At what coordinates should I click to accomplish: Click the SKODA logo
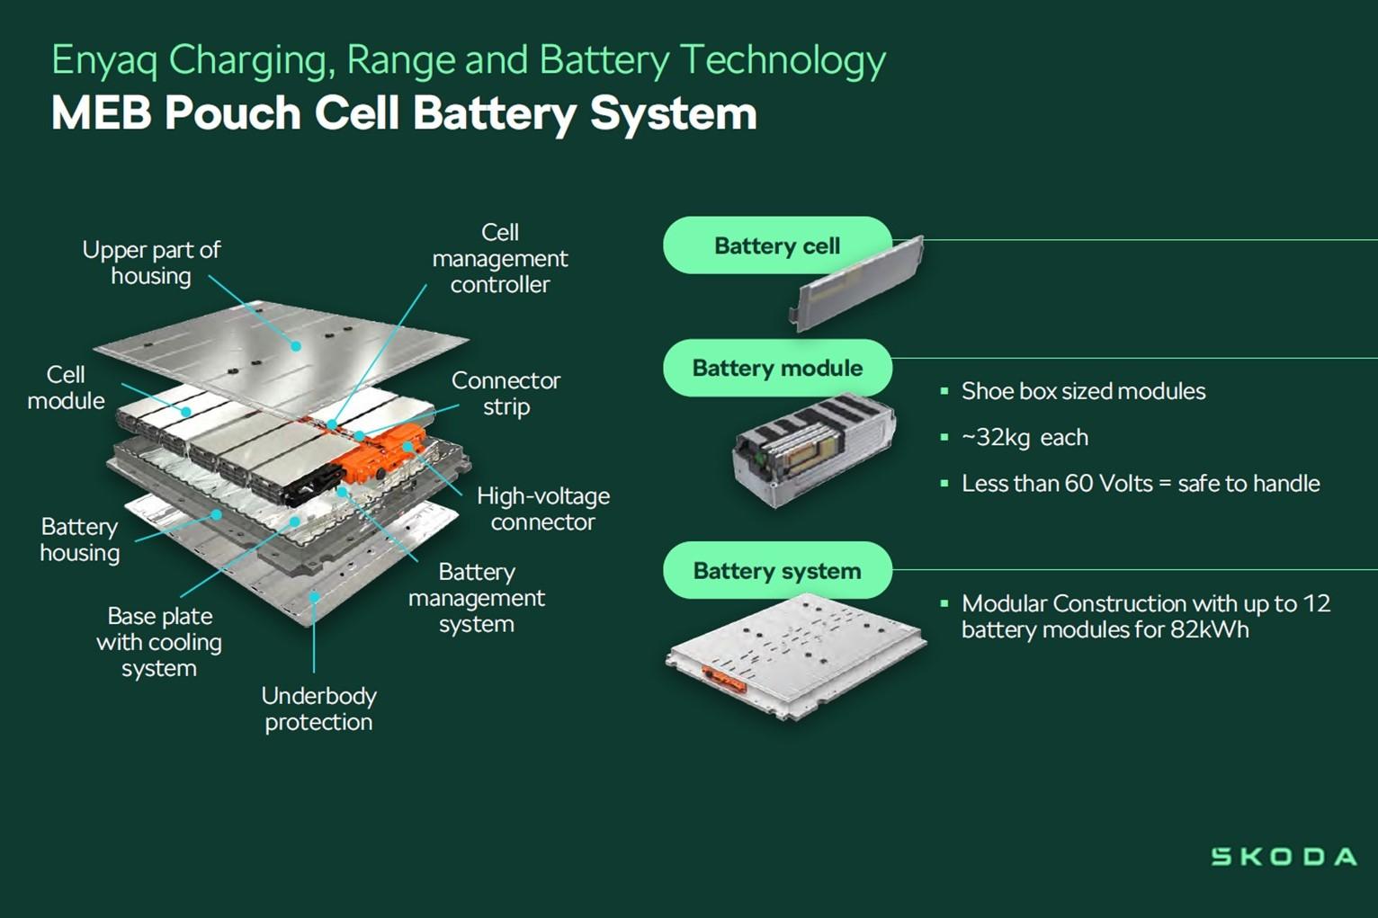[x=1284, y=856]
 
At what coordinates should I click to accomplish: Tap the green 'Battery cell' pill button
[x=776, y=245]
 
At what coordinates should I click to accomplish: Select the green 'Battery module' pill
[x=776, y=368]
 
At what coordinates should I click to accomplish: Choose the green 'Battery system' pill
[x=776, y=571]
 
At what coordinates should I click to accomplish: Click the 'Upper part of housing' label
[x=151, y=263]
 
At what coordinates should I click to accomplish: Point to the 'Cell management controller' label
[x=500, y=259]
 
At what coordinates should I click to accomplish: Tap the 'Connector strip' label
[x=506, y=393]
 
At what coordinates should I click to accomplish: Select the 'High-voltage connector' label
[x=542, y=509]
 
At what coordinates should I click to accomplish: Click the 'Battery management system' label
[x=476, y=598]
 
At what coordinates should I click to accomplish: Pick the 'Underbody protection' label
[x=318, y=709]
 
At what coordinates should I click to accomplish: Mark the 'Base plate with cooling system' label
[x=159, y=642]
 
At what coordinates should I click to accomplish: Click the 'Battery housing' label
[x=79, y=539]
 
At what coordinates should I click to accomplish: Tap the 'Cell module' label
[x=66, y=388]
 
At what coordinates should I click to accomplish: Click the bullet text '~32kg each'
[x=1025, y=438]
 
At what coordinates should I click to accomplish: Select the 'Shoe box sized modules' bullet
[x=1083, y=391]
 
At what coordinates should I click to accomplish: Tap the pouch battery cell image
[x=856, y=281]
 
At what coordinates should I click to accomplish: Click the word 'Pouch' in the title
[x=232, y=114]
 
